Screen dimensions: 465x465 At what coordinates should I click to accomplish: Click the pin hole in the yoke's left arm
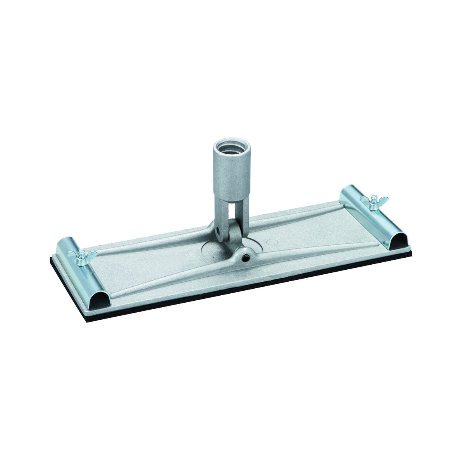pos(220,232)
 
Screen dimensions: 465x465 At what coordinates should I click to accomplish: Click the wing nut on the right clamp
pos(374,202)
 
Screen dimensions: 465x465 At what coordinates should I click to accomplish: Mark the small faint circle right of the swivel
pos(274,243)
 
